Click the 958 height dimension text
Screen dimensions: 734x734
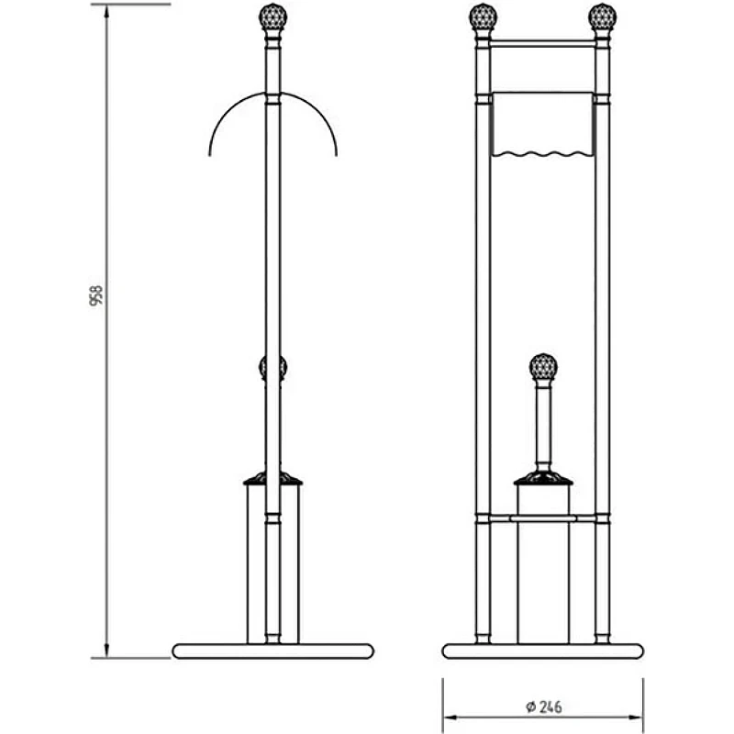[x=96, y=295]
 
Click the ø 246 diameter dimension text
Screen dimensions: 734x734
[x=543, y=706]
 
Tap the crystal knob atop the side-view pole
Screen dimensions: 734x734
[x=272, y=17]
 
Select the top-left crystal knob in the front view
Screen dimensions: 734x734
[x=484, y=17]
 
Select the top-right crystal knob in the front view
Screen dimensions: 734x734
[x=603, y=17]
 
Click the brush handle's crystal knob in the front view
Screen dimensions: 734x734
[x=543, y=366]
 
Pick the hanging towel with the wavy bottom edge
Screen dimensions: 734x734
[x=542, y=124]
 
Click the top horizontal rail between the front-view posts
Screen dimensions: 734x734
[x=542, y=44]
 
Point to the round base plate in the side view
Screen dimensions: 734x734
[x=272, y=651]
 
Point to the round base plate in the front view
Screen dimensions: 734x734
[x=543, y=651]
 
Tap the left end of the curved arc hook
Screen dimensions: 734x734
[x=210, y=155]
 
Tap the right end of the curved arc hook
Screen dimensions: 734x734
[x=336, y=155]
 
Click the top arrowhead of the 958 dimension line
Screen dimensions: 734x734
[x=106, y=10]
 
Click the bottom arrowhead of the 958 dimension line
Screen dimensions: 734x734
[x=106, y=651]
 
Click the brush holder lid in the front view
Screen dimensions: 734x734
[x=543, y=478]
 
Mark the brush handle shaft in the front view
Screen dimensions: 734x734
[x=543, y=426]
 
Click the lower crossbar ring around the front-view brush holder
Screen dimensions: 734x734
[x=543, y=518]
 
